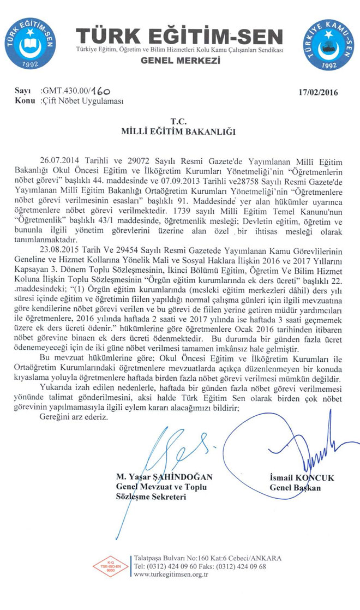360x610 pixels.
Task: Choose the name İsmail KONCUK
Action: pyautogui.click(x=302, y=478)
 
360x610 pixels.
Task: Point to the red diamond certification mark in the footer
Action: pyautogui.click(x=110, y=566)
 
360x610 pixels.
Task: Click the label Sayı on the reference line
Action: pyautogui.click(x=22, y=92)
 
